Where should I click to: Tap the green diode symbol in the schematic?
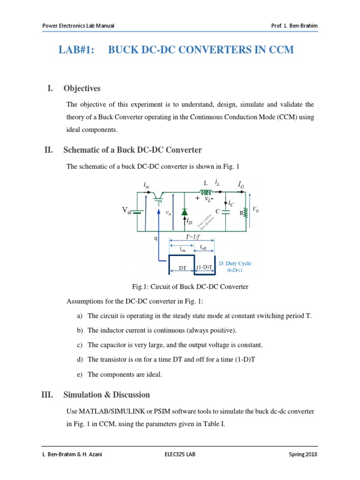(x=184, y=211)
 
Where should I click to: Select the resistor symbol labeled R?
(x=246, y=212)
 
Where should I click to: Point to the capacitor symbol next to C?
(x=225, y=211)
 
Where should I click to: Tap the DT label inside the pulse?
(x=182, y=268)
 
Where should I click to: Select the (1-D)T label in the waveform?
(x=204, y=268)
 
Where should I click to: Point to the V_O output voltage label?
(x=255, y=210)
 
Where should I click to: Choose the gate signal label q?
(x=156, y=238)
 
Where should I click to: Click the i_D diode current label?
(x=189, y=221)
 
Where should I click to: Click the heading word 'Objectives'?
(x=82, y=88)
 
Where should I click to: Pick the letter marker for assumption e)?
(x=80, y=374)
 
